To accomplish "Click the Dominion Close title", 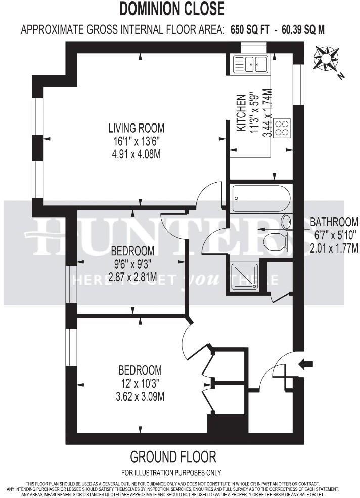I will click(x=172, y=9).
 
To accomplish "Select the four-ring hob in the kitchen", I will click(x=283, y=127).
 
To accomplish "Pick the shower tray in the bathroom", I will click(x=244, y=277).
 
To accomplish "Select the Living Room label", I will click(x=139, y=128).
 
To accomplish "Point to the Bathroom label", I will click(x=334, y=222).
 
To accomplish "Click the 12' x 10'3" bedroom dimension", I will click(x=140, y=383).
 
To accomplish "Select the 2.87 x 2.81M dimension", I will click(x=132, y=277).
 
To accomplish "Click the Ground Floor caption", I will click(x=173, y=458).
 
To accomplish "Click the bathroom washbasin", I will click(x=286, y=222).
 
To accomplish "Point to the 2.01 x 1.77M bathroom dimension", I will click(x=334, y=248).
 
